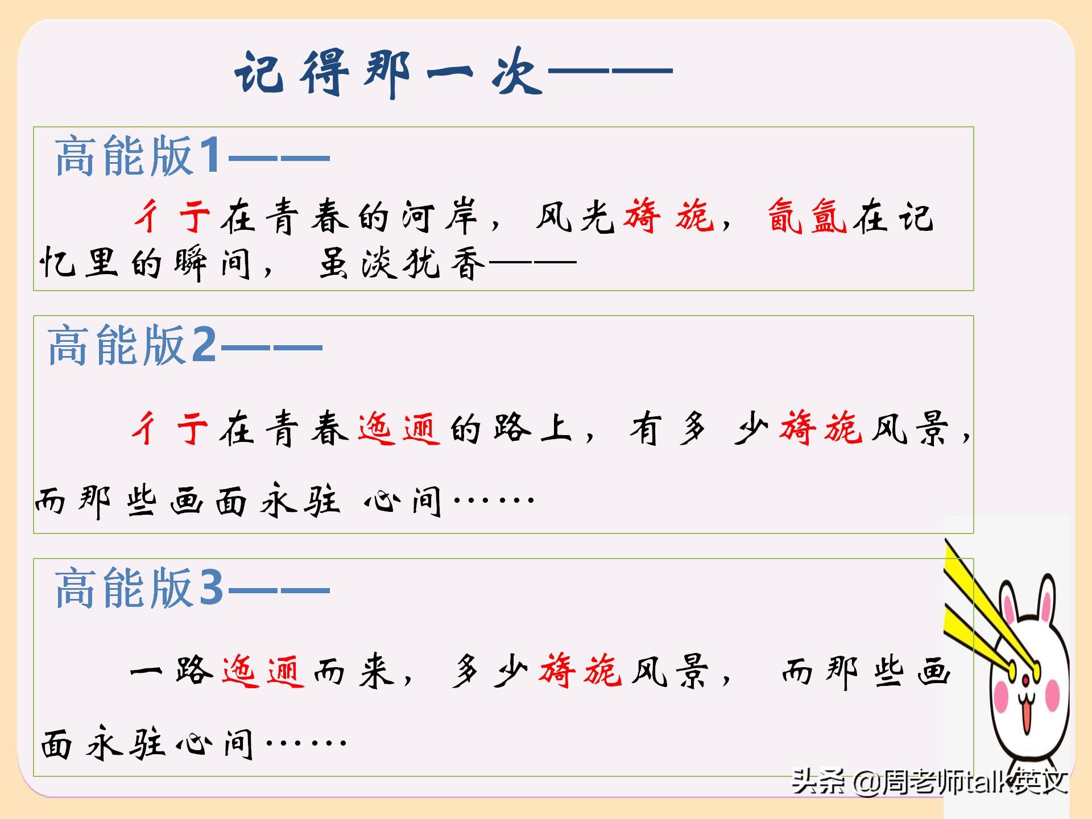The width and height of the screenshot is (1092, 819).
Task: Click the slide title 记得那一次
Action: (x=388, y=73)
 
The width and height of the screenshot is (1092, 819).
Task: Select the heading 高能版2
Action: (x=132, y=345)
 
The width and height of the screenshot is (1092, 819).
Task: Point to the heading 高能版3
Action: (x=139, y=587)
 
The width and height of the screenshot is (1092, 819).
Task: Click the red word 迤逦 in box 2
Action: (x=399, y=428)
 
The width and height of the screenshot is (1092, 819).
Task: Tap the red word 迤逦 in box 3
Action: (x=263, y=671)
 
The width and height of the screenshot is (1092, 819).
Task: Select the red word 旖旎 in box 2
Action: (x=821, y=428)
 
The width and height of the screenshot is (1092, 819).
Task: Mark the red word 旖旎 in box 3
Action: (x=581, y=671)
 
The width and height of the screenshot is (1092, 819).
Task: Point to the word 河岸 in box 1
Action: (x=439, y=216)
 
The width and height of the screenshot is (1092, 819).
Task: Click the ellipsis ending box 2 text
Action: (x=494, y=500)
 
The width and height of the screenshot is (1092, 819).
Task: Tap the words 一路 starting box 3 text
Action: (x=171, y=671)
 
